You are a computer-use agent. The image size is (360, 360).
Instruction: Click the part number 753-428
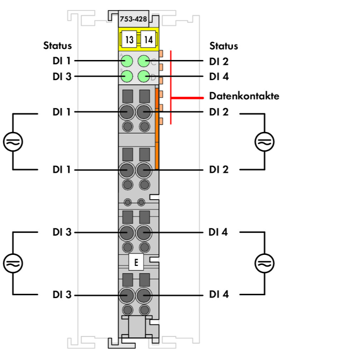point(133,19)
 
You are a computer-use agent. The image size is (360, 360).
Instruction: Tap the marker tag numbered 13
point(129,39)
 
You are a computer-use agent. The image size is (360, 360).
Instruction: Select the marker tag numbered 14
point(148,39)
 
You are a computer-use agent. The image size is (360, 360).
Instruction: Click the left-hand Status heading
point(58,46)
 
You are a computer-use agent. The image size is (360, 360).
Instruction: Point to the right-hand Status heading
point(224,46)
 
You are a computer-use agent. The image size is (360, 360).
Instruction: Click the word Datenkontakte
point(244,96)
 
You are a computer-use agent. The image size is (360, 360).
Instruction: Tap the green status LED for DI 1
point(127,61)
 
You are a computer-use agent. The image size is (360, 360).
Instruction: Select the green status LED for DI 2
point(144,61)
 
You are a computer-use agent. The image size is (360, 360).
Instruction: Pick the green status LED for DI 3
point(127,76)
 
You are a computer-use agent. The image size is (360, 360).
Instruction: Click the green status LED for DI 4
point(144,76)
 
